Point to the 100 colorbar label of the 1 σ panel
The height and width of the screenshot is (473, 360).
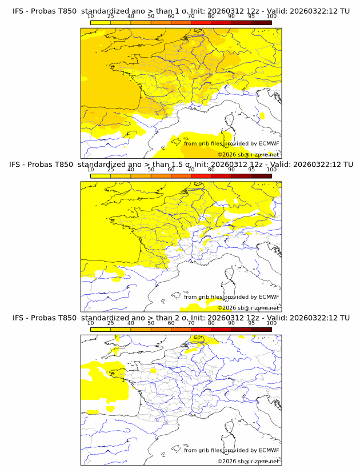[x=271, y=17]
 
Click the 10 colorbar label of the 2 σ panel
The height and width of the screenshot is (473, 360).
[x=91, y=323]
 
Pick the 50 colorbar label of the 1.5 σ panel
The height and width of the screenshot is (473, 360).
[x=151, y=170]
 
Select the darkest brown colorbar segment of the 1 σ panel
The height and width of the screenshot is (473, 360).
[x=261, y=22]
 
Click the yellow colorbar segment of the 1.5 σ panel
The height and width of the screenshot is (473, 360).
[x=101, y=175]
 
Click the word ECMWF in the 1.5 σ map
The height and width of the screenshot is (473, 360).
[x=269, y=297]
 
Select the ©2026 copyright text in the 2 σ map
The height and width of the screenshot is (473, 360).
[x=227, y=461]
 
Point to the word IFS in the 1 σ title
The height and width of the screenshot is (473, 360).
[x=19, y=11]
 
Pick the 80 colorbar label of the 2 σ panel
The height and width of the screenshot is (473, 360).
[x=211, y=323]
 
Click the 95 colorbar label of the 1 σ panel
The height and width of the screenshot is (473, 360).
[x=251, y=17]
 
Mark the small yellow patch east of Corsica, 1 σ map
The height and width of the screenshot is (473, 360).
[x=262, y=115]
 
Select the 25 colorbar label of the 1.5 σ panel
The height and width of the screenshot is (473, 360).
[x=111, y=170]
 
